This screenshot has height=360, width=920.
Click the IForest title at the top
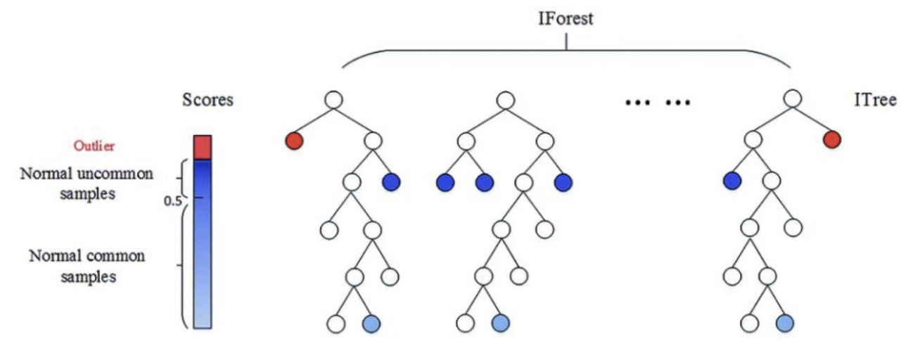pyautogui.click(x=566, y=18)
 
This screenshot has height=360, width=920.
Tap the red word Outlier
pyautogui.click(x=94, y=146)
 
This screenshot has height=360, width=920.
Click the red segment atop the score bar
pyautogui.click(x=203, y=148)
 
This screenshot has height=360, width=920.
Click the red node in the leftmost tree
pyautogui.click(x=295, y=141)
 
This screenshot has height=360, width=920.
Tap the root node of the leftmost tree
pyautogui.click(x=333, y=100)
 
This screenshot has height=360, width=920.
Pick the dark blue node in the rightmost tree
pyautogui.click(x=733, y=182)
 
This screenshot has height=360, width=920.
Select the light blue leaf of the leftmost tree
pyautogui.click(x=372, y=323)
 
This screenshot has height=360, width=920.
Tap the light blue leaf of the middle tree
pyautogui.click(x=500, y=323)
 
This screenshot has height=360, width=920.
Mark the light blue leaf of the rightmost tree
pyautogui.click(x=786, y=323)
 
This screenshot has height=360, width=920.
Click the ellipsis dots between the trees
pyautogui.click(x=658, y=103)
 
